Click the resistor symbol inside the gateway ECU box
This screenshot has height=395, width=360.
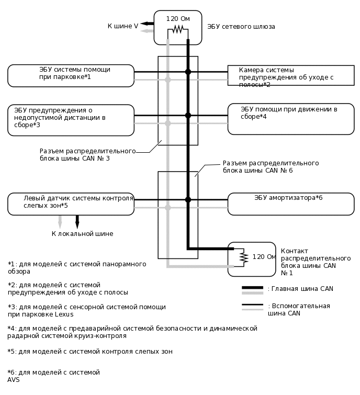tap(177, 30)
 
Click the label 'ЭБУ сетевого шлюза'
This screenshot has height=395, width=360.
tap(241, 26)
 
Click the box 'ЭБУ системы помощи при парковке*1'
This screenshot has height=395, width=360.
tap(71, 75)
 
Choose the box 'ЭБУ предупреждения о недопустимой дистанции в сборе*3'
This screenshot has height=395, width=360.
tap(71, 120)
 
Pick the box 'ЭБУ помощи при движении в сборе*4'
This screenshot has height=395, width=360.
tap(291, 119)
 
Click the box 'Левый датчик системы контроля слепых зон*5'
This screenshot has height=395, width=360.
tap(71, 204)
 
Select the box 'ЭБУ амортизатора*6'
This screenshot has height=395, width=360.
tap(291, 204)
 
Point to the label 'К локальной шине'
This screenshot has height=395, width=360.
tap(82, 234)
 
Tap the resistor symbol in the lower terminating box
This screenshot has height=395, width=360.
tap(243, 258)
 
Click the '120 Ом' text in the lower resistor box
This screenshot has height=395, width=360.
tap(264, 257)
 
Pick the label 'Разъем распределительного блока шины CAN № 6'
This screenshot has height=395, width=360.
tap(271, 166)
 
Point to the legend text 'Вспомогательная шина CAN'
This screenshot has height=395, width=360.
tap(299, 310)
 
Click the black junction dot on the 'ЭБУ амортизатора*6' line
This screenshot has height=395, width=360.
tap(188, 199)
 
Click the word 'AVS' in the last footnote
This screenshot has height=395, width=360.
tap(14, 380)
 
